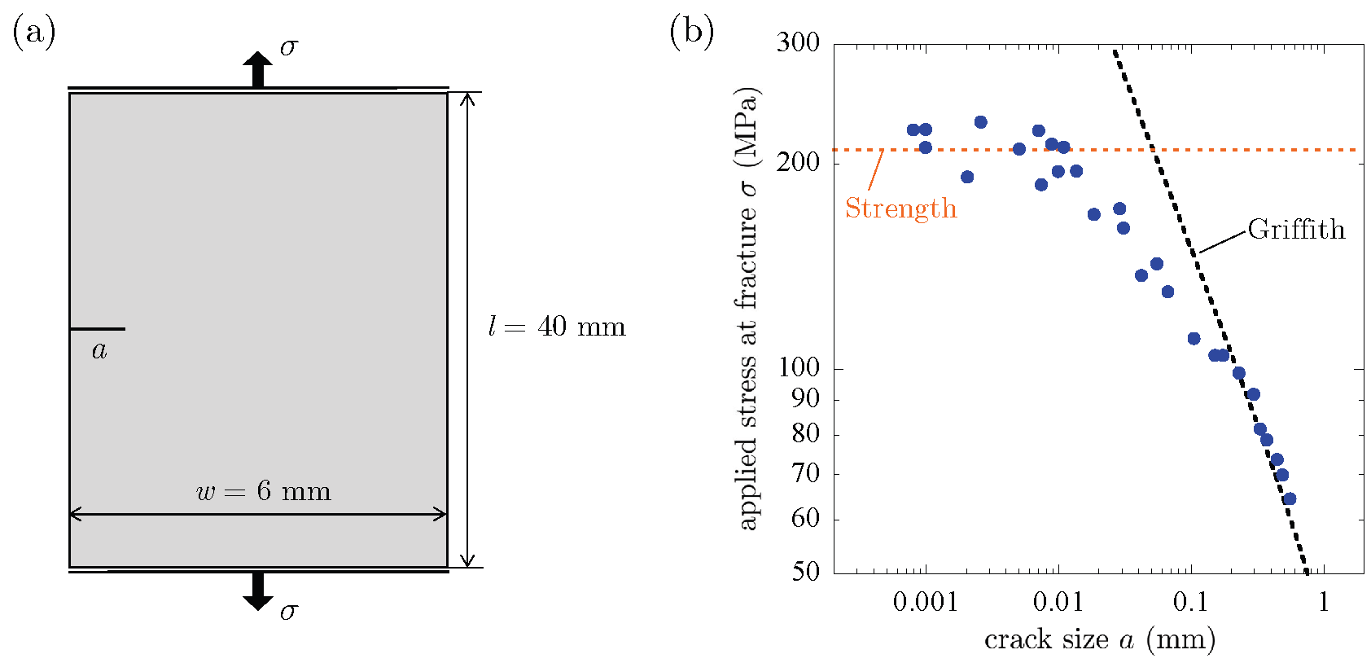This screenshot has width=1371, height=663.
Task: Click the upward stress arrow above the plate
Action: [x=258, y=68]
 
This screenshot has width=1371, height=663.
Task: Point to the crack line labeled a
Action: [x=97, y=329]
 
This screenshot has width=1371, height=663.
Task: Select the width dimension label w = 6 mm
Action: [x=264, y=492]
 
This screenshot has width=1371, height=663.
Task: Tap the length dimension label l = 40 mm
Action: [x=557, y=327]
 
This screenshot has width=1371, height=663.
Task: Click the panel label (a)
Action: [x=34, y=33]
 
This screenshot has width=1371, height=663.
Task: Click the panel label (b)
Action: [x=691, y=33]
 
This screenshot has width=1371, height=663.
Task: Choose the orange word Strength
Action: [x=900, y=209]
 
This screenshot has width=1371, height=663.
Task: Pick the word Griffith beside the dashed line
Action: [x=1296, y=230]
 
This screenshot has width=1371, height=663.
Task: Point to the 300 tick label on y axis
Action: [x=798, y=42]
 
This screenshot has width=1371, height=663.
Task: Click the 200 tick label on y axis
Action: [x=798, y=162]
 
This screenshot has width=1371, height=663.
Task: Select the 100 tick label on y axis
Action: [x=798, y=367]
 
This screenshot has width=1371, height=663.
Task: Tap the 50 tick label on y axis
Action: [x=805, y=571]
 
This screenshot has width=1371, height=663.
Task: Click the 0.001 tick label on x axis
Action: [x=924, y=602]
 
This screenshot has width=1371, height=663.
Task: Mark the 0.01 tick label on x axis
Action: [x=1058, y=602]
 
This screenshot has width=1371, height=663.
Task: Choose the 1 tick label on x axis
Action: [x=1324, y=602]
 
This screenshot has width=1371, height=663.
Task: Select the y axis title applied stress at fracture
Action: [x=747, y=310]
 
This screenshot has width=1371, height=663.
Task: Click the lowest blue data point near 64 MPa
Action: [x=1289, y=499]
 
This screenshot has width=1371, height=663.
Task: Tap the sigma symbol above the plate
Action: [x=289, y=47]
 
